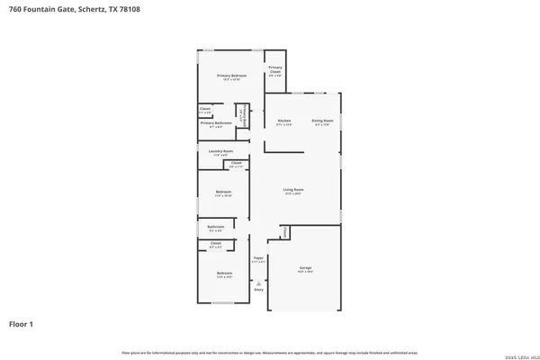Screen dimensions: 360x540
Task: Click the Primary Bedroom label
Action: coord(231,76)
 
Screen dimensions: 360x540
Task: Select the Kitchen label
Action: coord(284,121)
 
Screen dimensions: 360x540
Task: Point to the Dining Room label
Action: coord(322,121)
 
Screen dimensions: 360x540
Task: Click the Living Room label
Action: coord(293,190)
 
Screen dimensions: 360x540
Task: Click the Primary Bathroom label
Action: coord(222,122)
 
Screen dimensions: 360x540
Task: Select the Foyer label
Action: coord(258,257)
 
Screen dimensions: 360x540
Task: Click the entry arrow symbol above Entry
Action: coord(258,281)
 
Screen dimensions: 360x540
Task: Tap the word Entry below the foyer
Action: coord(258,290)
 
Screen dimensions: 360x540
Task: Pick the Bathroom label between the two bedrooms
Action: coord(216,227)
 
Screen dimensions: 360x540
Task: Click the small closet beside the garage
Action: coord(283,232)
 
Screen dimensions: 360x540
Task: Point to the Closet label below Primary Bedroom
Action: coord(205,110)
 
